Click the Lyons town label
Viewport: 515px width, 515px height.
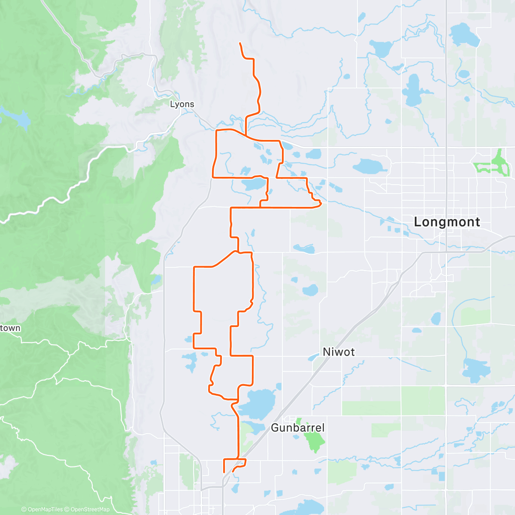182,104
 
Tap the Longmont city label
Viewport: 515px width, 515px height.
447,222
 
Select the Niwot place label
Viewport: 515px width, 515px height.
339,352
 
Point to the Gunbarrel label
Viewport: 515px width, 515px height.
298,428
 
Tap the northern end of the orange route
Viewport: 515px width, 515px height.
240,44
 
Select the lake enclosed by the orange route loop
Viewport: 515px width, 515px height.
253,185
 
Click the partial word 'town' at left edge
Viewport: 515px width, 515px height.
10,328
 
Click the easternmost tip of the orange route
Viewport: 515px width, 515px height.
321,203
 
